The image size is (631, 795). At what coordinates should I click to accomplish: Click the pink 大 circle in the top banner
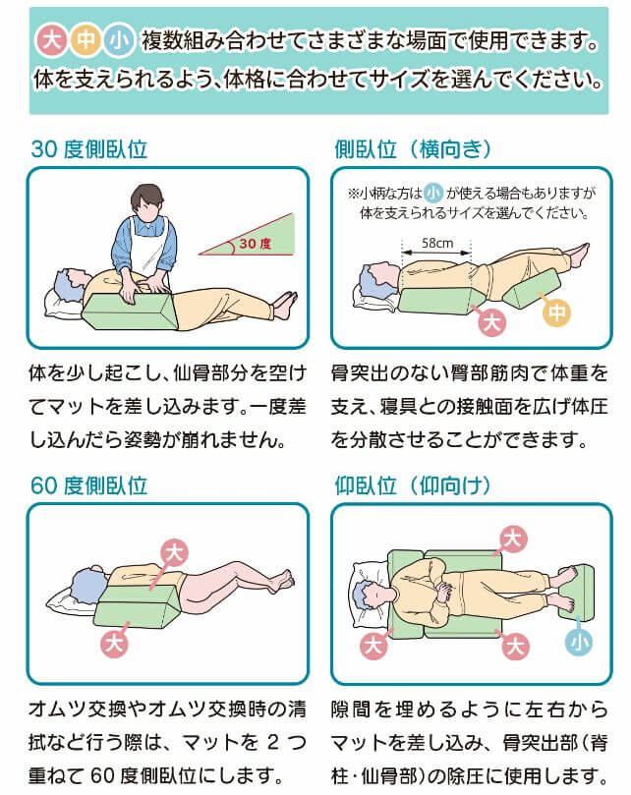51,41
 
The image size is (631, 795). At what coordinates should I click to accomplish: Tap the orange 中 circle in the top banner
86,41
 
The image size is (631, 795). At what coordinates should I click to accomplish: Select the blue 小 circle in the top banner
120,41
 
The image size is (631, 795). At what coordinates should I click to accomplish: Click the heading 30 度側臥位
89,149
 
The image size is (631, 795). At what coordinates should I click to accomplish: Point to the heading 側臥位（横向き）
413,149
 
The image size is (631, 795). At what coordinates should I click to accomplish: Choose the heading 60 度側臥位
89,484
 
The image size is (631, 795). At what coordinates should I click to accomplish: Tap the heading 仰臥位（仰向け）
413,484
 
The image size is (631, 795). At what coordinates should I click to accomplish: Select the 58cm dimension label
437,243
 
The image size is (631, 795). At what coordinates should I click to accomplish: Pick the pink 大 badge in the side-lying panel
489,320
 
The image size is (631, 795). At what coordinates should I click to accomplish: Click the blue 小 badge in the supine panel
580,642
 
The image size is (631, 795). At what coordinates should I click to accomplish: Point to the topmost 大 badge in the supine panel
512,538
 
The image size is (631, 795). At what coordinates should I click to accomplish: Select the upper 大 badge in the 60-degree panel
173,551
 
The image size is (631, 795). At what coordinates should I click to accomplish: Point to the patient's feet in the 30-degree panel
285,304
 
